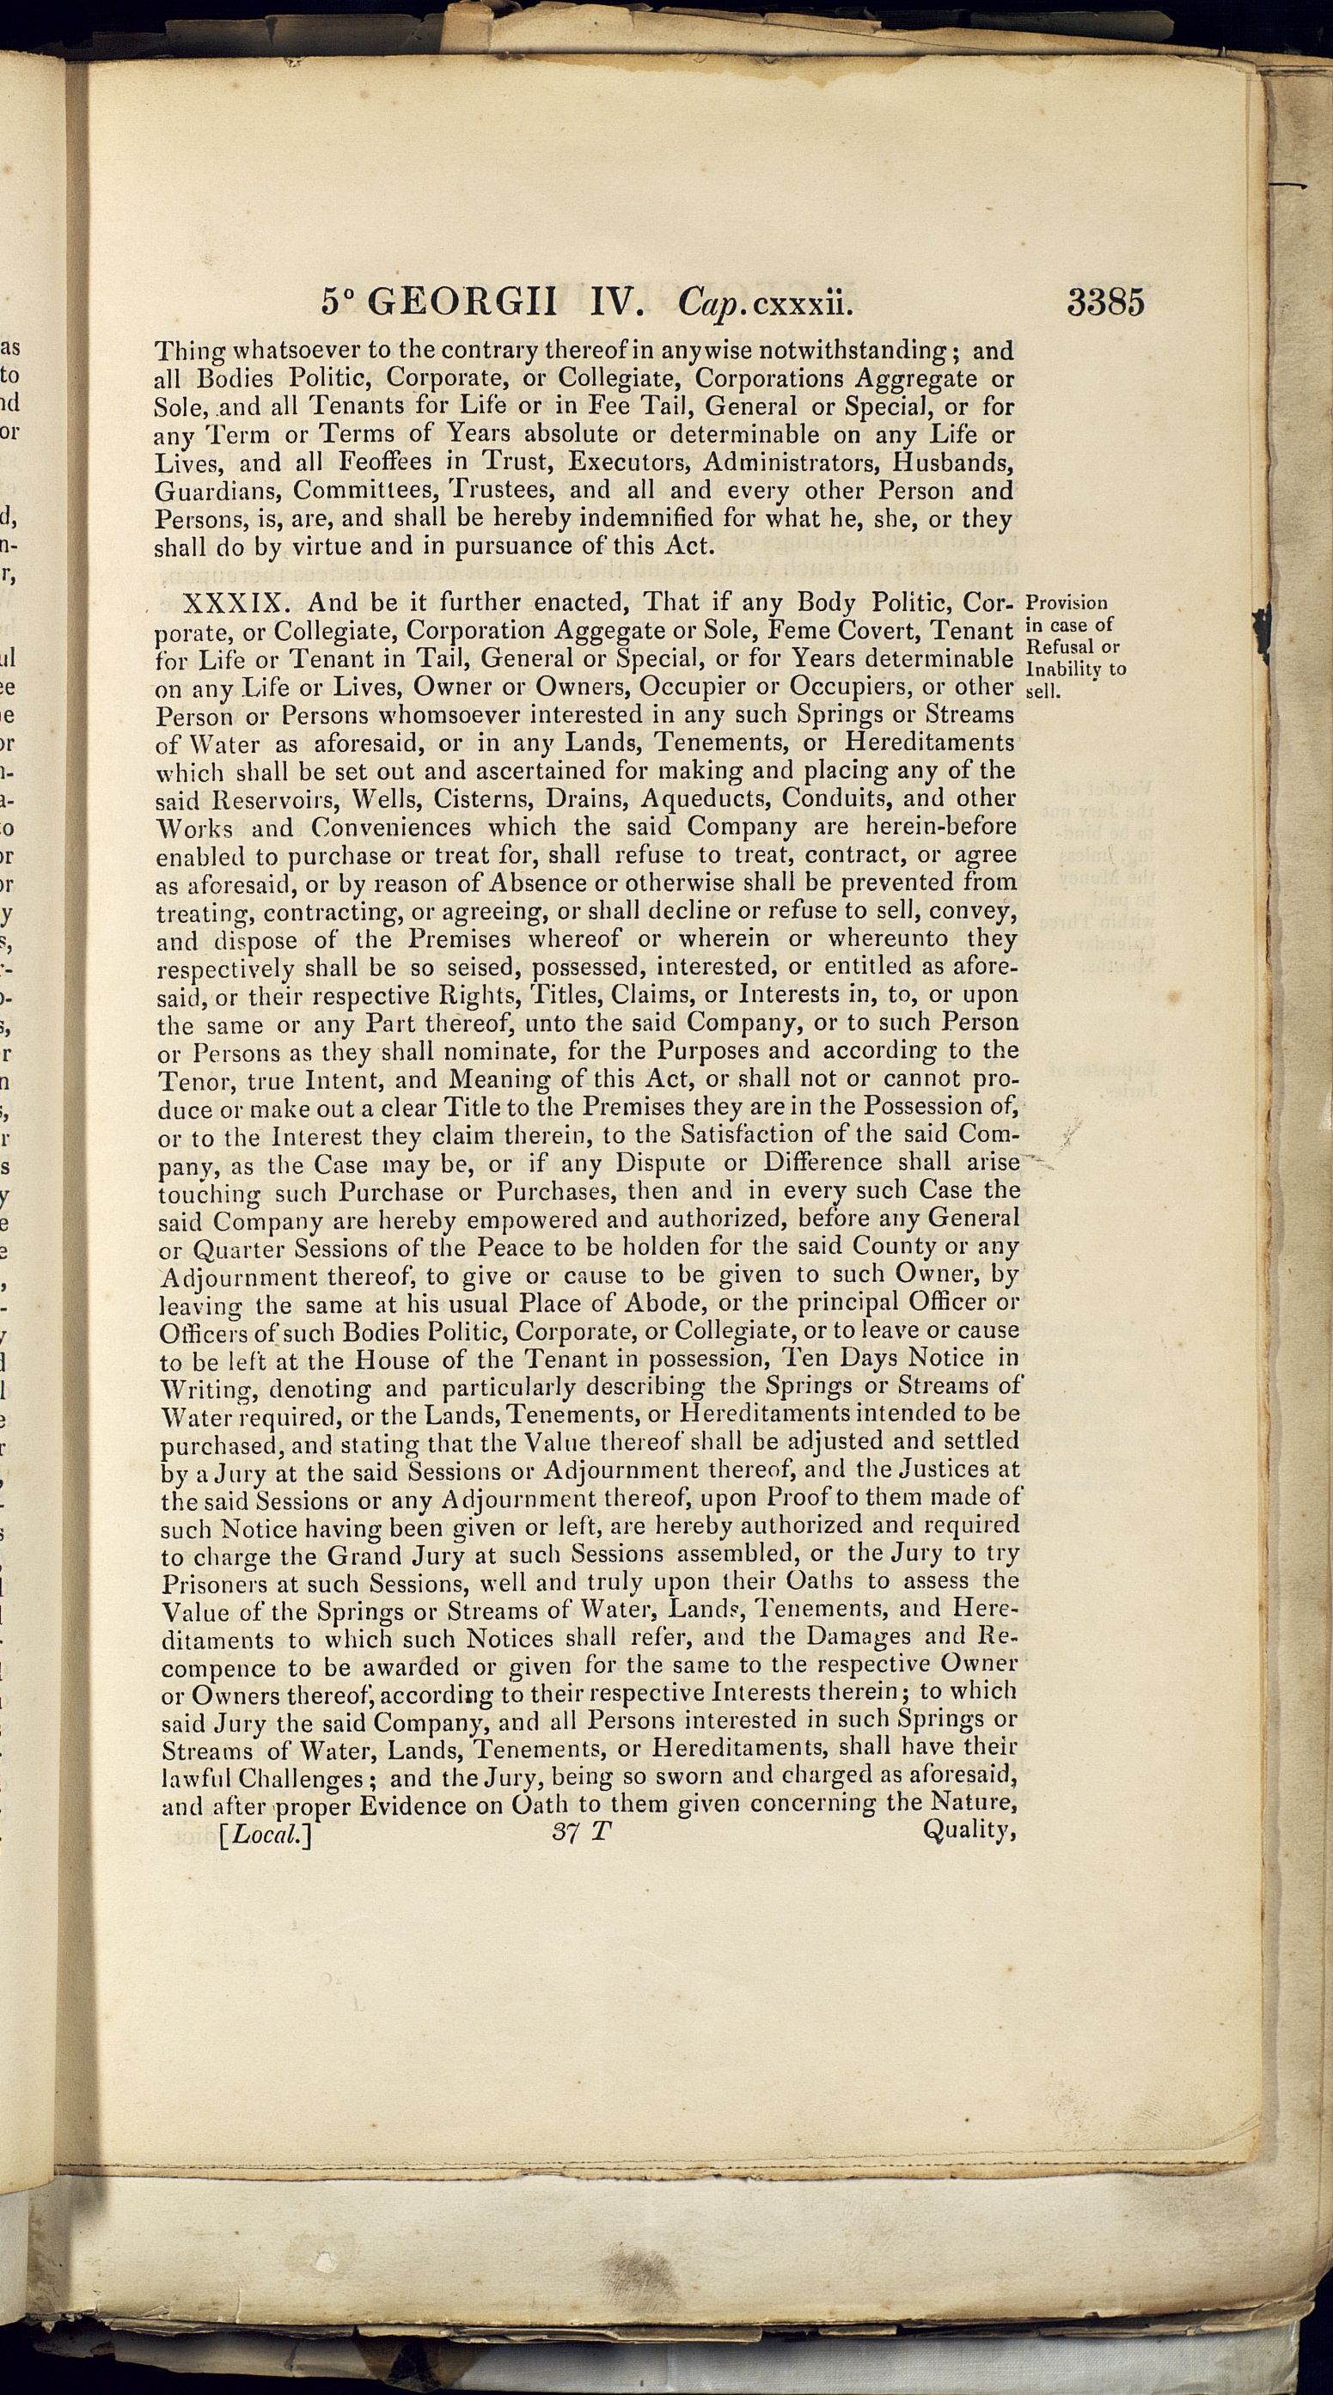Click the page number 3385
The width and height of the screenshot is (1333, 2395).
[1105, 303]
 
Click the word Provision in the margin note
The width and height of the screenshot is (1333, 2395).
[1067, 603]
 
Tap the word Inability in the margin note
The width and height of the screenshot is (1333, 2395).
[1061, 669]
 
